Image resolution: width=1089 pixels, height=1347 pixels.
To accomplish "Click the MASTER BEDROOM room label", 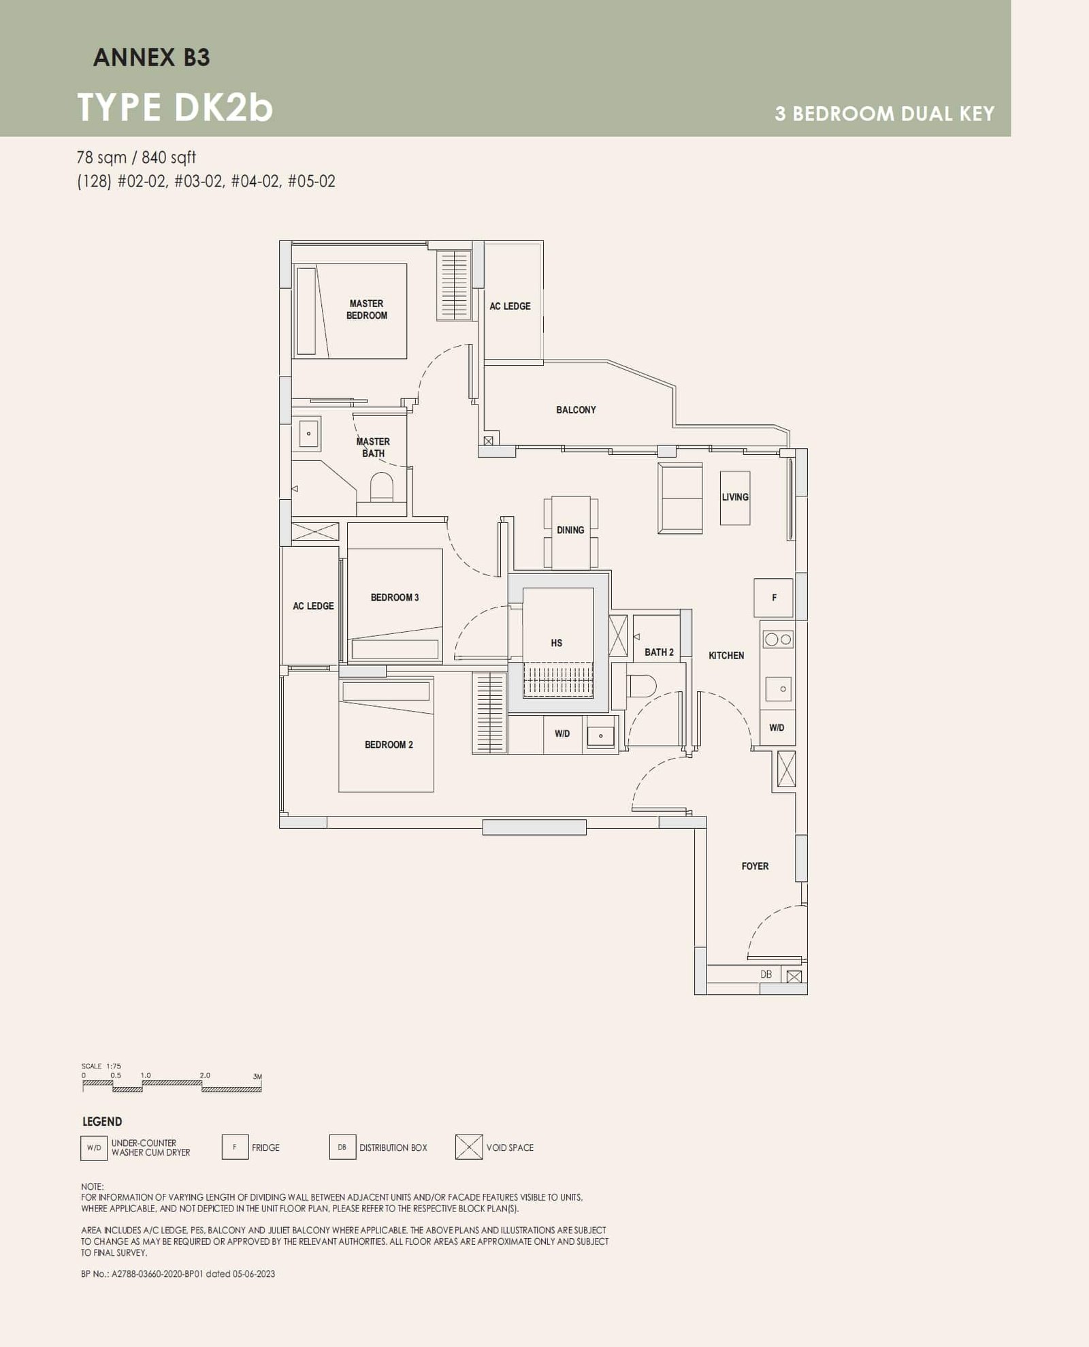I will [x=366, y=309].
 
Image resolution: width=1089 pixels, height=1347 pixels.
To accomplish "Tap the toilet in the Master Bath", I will [x=382, y=486].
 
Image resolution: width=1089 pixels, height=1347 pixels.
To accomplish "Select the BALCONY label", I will [x=576, y=410].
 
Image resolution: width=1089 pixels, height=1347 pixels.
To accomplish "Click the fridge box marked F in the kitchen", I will [x=773, y=597].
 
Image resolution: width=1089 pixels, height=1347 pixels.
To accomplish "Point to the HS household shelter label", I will [x=557, y=643].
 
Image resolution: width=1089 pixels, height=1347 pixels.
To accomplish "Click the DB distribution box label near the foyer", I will [x=766, y=974].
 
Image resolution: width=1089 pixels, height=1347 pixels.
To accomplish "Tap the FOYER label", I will [x=755, y=866].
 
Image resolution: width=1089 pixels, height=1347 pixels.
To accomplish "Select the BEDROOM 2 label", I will [x=389, y=744].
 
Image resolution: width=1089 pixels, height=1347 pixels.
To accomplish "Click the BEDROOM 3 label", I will [x=395, y=597].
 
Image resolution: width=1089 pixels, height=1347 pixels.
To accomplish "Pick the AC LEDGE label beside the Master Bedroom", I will [x=510, y=306].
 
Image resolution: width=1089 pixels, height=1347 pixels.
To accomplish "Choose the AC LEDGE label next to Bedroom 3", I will [x=313, y=605].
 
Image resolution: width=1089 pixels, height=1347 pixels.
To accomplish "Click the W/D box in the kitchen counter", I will [x=777, y=727].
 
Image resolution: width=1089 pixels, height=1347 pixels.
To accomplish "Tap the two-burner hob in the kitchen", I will [x=778, y=639].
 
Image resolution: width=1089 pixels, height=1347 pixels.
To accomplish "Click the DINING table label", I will [x=570, y=530].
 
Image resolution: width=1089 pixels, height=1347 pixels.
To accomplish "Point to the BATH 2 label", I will [x=659, y=652].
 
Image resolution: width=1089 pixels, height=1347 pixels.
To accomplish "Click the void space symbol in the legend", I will [x=469, y=1147].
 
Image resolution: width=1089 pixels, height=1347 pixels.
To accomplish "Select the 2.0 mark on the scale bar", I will [x=205, y=1075].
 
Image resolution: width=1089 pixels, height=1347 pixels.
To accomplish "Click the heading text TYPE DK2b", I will [x=175, y=108].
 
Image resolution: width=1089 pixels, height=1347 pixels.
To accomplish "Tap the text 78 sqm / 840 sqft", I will [x=136, y=157].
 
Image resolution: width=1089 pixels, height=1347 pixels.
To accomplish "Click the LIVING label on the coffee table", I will [x=735, y=497].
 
